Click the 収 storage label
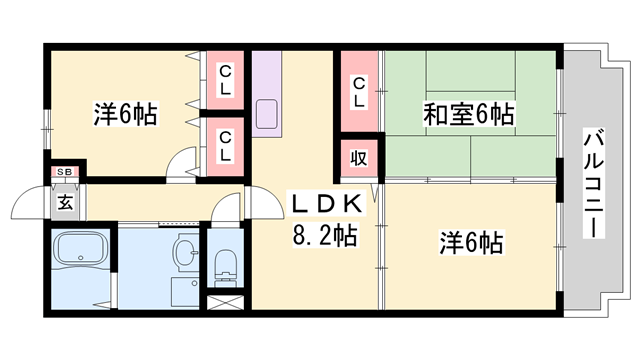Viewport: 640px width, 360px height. (x=357, y=156)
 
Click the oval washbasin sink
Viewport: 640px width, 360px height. (x=185, y=247)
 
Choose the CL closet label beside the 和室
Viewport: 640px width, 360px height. (x=358, y=92)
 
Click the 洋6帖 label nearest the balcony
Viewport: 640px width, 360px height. (x=470, y=241)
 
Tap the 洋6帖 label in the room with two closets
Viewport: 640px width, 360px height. (x=126, y=113)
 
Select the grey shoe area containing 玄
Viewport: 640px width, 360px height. (x=65, y=201)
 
